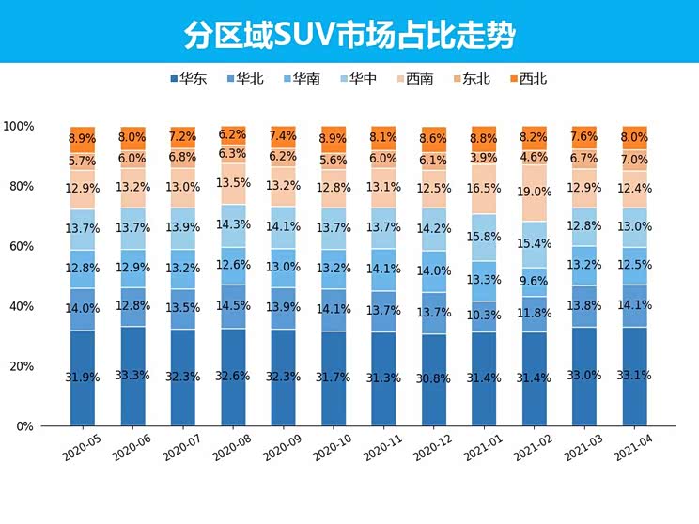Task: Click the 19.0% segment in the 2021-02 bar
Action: [x=534, y=193]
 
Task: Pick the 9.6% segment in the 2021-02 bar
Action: [x=534, y=281]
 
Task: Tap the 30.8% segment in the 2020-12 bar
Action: [x=433, y=378]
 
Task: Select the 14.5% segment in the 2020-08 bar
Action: [x=233, y=306]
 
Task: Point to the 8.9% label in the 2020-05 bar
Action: [x=83, y=138]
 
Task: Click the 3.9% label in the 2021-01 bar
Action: [x=484, y=157]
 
